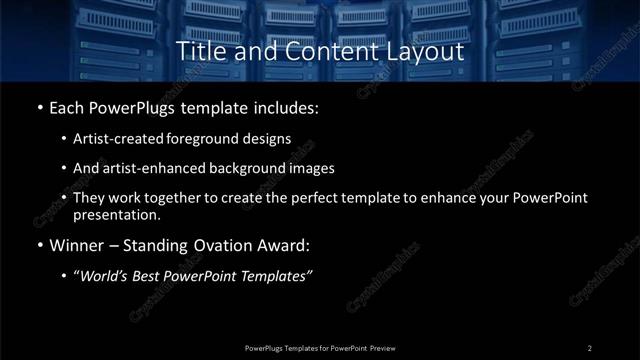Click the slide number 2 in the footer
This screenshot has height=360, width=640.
pyautogui.click(x=590, y=347)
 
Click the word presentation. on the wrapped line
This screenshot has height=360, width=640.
pyautogui.click(x=116, y=214)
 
